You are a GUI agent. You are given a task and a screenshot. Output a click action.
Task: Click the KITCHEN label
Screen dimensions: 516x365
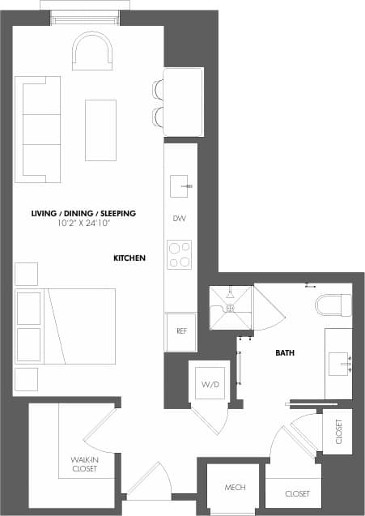pos(129,258)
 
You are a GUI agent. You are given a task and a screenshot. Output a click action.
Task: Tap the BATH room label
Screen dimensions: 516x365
pos(285,353)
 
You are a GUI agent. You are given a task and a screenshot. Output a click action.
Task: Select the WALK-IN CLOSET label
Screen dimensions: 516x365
pos(84,464)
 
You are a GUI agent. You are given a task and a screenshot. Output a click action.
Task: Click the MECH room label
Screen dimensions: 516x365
pos(235,488)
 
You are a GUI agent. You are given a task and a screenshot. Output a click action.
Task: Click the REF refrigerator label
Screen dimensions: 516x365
pos(180,332)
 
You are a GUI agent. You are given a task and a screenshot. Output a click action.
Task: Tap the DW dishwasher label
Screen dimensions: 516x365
pos(180,219)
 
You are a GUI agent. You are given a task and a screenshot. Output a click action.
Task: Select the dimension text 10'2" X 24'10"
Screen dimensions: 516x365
pos(83,223)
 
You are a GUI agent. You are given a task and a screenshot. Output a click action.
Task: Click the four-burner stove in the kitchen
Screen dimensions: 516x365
pos(180,254)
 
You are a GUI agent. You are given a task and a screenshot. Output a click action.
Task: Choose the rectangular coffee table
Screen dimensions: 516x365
pos(100,130)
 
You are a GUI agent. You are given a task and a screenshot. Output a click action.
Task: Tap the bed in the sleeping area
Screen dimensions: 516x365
pos(65,326)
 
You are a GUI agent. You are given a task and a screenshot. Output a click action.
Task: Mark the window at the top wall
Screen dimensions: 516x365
pos(86,18)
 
